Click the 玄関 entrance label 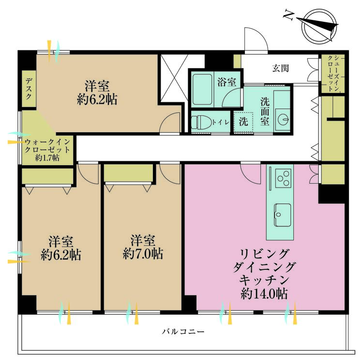point(281,68)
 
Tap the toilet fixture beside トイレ point(201,122)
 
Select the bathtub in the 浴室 point(202,89)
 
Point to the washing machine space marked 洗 point(243,122)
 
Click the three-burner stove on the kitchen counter point(283,178)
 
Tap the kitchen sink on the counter point(283,215)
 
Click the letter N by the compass point(288,15)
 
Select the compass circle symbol point(319,26)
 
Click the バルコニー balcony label point(183,332)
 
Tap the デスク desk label point(29,89)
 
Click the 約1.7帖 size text point(47,158)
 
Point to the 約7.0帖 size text point(143,254)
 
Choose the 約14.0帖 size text point(264,294)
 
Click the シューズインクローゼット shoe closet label point(333,73)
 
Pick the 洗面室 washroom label point(265,112)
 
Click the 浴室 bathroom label point(227,82)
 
